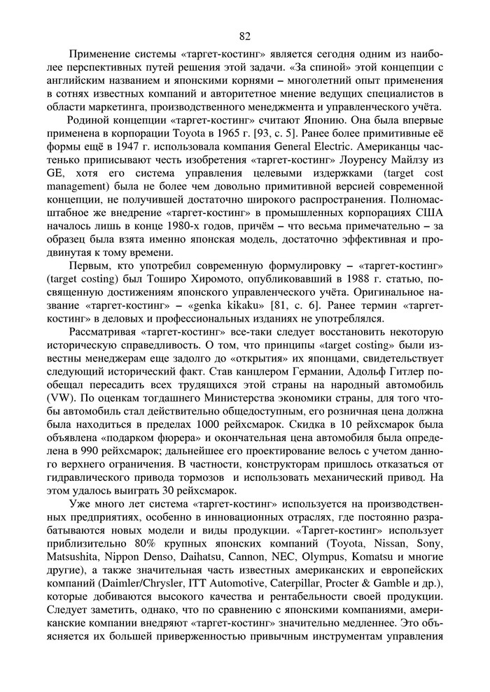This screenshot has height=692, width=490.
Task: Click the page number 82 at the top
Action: click(x=244, y=37)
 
